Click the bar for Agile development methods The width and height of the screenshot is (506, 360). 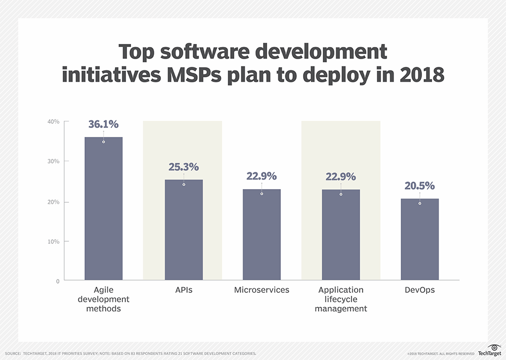[103, 208]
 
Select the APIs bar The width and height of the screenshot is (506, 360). [183, 230]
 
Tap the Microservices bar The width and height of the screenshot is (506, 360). [262, 235]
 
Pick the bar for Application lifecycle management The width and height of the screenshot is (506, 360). [341, 235]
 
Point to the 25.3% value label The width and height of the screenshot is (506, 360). [183, 167]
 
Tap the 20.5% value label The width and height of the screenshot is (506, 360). [419, 186]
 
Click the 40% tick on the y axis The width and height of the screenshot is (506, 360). [54, 122]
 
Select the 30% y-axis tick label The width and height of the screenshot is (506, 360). [54, 161]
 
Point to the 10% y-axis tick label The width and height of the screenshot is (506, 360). [54, 241]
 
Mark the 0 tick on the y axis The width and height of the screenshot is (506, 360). [57, 281]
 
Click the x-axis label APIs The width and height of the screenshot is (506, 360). [183, 290]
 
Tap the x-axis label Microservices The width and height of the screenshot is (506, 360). [262, 290]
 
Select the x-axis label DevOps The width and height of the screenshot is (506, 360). [419, 290]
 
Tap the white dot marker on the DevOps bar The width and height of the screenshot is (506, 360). [419, 203]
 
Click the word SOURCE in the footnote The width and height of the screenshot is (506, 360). [13, 353]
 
